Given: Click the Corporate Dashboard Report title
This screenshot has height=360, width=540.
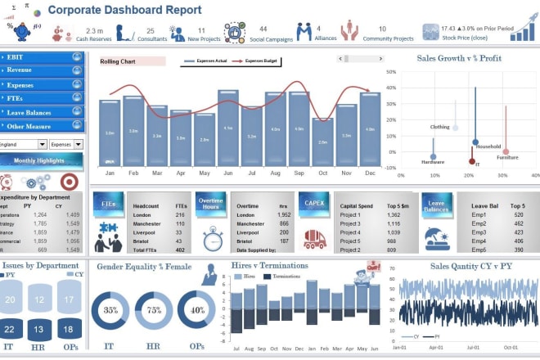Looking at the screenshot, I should [124, 10].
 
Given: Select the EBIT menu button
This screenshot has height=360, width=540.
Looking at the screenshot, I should [43, 57].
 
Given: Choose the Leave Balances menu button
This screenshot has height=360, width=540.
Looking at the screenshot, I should [43, 112].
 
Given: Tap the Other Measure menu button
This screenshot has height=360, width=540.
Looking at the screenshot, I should [43, 126].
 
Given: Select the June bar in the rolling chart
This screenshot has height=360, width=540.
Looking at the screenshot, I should [228, 128].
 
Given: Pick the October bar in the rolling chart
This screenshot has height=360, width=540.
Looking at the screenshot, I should [323, 142].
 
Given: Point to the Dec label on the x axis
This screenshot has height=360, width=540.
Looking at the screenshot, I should [370, 173].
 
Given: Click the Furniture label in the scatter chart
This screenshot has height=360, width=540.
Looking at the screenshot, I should [507, 157].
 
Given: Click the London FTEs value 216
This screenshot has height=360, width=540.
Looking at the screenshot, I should [179, 214].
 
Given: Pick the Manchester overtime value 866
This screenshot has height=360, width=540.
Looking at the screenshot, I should [283, 223].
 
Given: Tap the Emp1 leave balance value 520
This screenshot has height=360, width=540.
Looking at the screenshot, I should [517, 214].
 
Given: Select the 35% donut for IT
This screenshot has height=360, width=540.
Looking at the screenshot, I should [110, 312].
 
